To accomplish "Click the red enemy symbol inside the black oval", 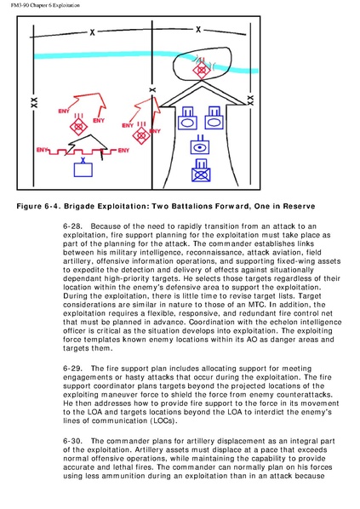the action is (x=201, y=69).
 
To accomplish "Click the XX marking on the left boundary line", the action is (x=34, y=103).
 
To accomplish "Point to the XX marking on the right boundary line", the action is (x=250, y=100).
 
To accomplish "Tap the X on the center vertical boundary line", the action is (x=152, y=90).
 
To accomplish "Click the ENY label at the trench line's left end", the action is (x=43, y=150).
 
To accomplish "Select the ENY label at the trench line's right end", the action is (x=123, y=151).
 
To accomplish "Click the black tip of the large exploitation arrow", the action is (x=202, y=82).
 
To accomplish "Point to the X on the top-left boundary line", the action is (x=93, y=32).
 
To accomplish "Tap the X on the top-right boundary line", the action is (x=198, y=30).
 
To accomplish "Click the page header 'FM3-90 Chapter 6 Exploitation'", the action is (x=45, y=5).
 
